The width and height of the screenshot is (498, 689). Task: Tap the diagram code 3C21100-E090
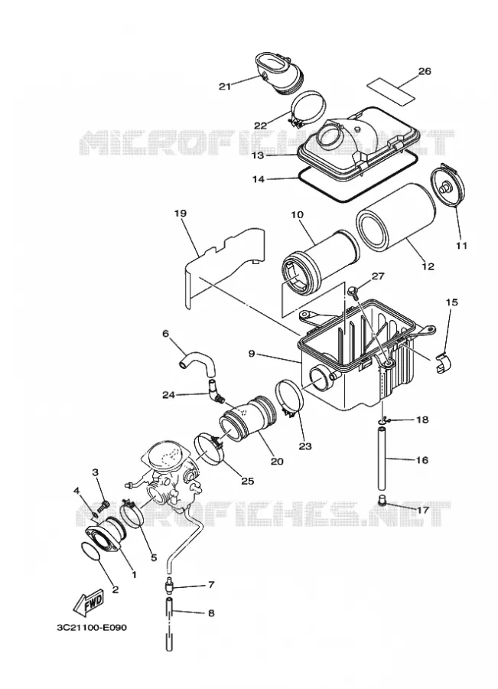pos(92,627)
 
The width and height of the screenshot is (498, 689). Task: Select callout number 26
pos(425,70)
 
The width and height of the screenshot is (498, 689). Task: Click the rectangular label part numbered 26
pos(392,90)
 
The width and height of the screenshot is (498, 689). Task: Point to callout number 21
pos(225,87)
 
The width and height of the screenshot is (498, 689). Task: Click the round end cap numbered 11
pos(446,185)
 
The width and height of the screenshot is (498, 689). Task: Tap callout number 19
pos(180,214)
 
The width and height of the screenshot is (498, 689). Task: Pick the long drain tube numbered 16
pos(382,461)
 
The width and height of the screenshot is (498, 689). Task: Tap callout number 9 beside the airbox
pos(252,353)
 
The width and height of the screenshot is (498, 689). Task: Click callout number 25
pos(248,481)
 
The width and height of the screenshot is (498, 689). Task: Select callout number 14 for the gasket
pos(259,179)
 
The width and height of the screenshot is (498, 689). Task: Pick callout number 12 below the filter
pos(428,266)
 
